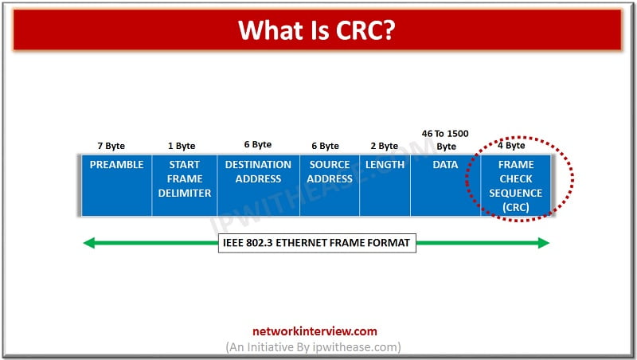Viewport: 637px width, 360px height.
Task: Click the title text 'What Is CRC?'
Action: (318, 30)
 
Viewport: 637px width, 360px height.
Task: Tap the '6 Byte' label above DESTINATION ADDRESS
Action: (257, 145)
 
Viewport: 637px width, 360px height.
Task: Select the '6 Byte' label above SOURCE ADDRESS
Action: (325, 146)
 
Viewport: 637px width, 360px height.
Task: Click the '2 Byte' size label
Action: (384, 146)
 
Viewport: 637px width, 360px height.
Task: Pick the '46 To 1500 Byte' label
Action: (446, 140)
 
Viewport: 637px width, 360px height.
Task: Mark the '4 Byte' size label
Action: (511, 146)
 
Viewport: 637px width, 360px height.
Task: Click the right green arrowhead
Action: (544, 243)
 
